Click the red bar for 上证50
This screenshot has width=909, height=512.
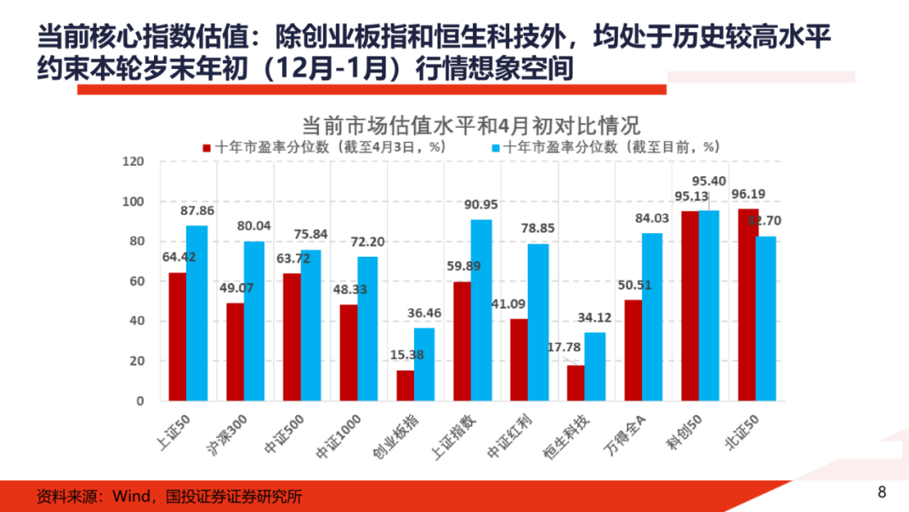pyautogui.click(x=178, y=336)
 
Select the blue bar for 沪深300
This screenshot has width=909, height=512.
pyautogui.click(x=254, y=321)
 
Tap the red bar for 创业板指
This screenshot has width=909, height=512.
pyautogui.click(x=406, y=385)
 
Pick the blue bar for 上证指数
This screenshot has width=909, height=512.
pyautogui.click(x=481, y=310)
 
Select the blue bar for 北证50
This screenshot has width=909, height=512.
pyautogui.click(x=766, y=318)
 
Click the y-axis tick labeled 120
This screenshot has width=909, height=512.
pyautogui.click(x=134, y=162)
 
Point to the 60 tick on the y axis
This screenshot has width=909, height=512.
pyautogui.click(x=137, y=281)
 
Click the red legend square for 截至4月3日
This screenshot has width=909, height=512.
pyautogui.click(x=206, y=147)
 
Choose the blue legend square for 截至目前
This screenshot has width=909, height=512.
pyautogui.click(x=495, y=147)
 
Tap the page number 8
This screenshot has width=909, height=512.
pyautogui.click(x=882, y=493)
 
